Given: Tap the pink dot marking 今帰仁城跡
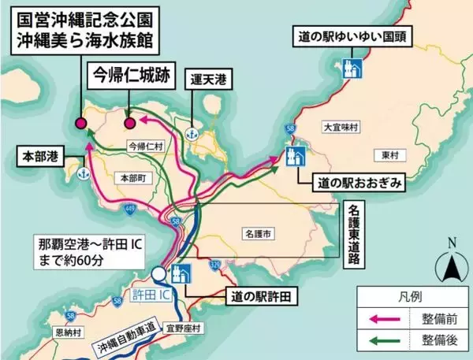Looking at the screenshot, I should tap(131, 123).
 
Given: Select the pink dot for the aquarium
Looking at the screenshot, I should tap(80, 123).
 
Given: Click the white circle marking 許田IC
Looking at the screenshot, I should tap(160, 274).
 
